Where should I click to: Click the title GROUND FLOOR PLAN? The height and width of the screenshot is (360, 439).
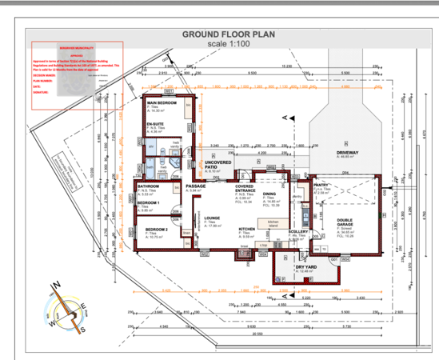229,35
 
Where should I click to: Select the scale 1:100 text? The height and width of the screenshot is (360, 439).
229,45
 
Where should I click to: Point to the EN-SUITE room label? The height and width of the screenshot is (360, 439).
155,125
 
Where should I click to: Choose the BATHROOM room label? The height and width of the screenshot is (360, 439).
149,186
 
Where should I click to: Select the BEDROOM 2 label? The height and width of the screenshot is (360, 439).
157,230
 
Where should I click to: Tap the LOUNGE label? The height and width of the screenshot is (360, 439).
212,218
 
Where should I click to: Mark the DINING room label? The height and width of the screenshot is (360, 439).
269,194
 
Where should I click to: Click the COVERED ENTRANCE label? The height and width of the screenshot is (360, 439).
245,189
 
